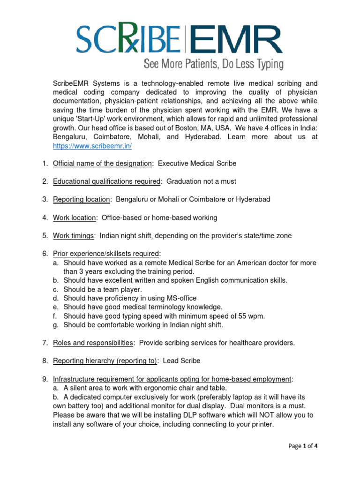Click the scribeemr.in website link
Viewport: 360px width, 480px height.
point(92,146)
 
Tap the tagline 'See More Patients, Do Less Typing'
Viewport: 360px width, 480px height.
point(213,63)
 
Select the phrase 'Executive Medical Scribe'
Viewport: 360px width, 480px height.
point(197,164)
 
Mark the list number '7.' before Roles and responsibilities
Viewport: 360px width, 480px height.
point(45,343)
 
